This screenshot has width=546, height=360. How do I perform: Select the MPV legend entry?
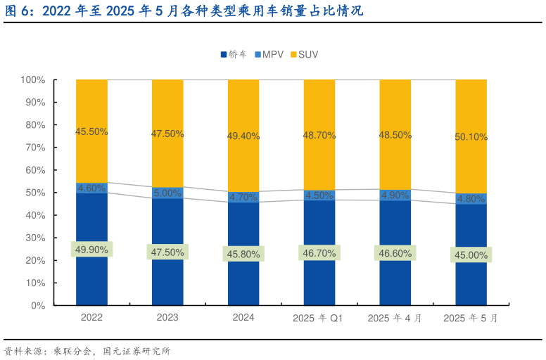(269, 54)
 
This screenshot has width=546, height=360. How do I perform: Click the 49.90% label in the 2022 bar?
(92, 249)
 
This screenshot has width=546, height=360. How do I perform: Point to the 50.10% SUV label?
(471, 137)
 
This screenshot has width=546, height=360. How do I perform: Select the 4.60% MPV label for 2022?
(92, 188)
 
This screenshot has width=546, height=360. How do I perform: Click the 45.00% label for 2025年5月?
(471, 255)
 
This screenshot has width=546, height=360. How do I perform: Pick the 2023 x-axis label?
(167, 318)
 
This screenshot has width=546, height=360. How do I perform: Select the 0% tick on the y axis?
(38, 306)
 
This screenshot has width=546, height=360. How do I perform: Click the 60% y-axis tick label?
(35, 170)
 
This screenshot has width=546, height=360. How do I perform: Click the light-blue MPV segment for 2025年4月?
(395, 195)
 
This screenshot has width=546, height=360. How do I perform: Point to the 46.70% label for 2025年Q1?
(319, 252)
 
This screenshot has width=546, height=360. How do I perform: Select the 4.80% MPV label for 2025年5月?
(471, 199)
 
